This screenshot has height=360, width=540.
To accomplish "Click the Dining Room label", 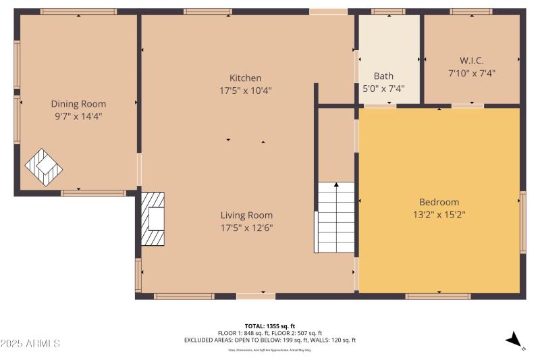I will pos(78,104).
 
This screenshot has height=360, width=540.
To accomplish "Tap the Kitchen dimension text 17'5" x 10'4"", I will pos(245,90).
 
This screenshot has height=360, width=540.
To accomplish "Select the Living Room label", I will pos(246,215).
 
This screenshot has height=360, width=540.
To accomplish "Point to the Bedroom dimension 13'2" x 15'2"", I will pos(439,214).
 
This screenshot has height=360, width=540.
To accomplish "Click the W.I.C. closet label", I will pos(471,61).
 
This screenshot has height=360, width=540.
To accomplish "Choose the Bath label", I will pos(383,76).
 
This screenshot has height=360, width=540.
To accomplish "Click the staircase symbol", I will pos(335,217).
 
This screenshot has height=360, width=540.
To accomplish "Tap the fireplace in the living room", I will pos(153,219).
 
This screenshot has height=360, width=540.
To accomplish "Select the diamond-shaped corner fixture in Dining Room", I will pos(44,167).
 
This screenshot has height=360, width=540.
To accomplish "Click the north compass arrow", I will pos(515,340).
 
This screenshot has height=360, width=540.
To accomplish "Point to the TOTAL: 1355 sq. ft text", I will pos(269,326).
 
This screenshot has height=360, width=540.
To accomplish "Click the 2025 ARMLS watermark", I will pos(30,344).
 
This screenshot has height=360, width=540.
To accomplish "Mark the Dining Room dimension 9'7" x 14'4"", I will pos(78,116).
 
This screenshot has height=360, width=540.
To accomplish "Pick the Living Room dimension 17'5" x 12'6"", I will pos(246,228).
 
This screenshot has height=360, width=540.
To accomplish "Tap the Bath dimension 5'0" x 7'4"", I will pos(383,88).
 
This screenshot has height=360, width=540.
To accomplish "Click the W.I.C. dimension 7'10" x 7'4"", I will pos(471,73).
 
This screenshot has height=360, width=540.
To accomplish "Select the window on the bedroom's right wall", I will pos(522,222).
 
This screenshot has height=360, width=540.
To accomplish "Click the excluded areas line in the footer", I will pos(269,340).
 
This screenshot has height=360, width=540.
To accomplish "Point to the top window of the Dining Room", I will pos(78,11).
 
